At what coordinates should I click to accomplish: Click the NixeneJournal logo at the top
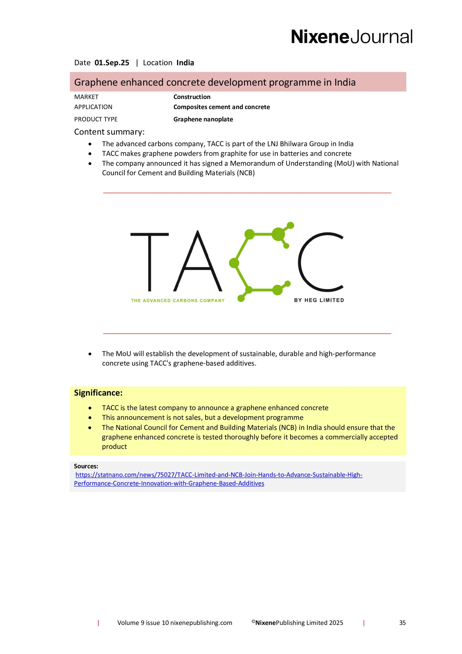[x=351, y=37]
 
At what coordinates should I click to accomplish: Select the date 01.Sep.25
[x=112, y=63]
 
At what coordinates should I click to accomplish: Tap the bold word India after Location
[x=185, y=63]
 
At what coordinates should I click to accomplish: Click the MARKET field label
[x=86, y=97]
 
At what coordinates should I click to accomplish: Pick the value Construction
[x=192, y=97]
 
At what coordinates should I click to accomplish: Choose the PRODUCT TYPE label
[x=96, y=119]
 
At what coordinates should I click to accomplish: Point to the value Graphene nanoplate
[x=203, y=119]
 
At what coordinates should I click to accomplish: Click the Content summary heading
[x=109, y=132]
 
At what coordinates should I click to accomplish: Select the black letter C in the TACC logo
[x=321, y=262]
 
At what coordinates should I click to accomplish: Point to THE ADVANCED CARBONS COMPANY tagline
[x=178, y=300]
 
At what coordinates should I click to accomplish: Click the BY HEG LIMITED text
[x=319, y=300]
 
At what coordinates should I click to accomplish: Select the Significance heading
[x=98, y=393]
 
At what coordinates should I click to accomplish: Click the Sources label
[x=86, y=466]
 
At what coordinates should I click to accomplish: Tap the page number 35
[x=402, y=623]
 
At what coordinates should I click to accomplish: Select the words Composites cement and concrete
[x=222, y=107]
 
